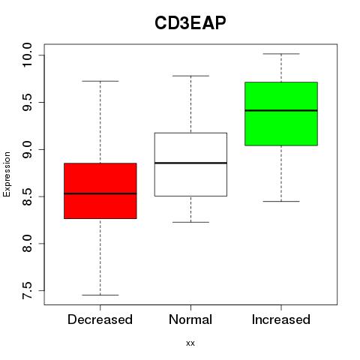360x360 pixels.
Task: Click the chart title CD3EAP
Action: pyautogui.click(x=190, y=23)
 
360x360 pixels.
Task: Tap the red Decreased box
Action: pyautogui.click(x=100, y=190)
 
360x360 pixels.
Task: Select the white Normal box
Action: pyautogui.click(x=190, y=164)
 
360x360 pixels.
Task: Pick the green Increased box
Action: pyautogui.click(x=281, y=113)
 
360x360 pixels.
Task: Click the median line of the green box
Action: pyautogui.click(x=281, y=110)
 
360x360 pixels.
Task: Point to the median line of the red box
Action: pyautogui.click(x=100, y=193)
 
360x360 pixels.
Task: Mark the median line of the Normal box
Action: pyautogui.click(x=190, y=163)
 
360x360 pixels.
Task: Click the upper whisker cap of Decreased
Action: pyautogui.click(x=100, y=81)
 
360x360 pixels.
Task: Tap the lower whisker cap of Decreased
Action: pyautogui.click(x=100, y=295)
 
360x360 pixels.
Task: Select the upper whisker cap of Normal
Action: pyautogui.click(x=190, y=76)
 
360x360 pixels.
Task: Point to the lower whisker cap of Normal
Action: pyautogui.click(x=190, y=222)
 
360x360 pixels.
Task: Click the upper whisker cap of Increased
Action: pyautogui.click(x=281, y=54)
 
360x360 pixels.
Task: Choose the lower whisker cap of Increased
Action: pyautogui.click(x=281, y=201)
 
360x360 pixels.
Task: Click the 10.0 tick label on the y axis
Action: pyautogui.click(x=27, y=55)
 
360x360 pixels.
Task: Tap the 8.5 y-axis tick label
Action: pyautogui.click(x=27, y=196)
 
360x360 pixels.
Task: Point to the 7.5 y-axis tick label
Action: pyautogui.click(x=27, y=291)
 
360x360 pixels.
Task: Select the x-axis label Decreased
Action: pyautogui.click(x=100, y=319)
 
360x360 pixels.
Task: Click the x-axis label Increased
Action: pyautogui.click(x=281, y=319)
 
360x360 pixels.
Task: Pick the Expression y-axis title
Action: pyautogui.click(x=7, y=174)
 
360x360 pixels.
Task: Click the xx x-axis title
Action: pyautogui.click(x=190, y=343)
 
